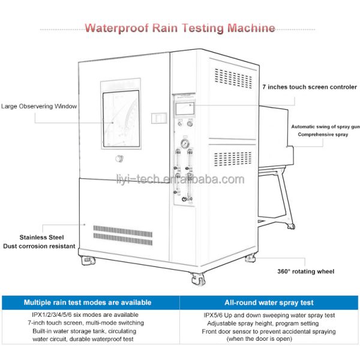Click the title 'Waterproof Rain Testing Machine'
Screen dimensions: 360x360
180,28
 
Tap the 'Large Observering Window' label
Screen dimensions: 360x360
39,107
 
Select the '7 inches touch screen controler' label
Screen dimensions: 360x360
309,88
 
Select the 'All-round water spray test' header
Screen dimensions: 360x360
268,302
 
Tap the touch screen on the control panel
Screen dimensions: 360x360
184,109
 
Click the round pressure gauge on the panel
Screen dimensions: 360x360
185,144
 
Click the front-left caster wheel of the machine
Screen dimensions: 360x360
86,261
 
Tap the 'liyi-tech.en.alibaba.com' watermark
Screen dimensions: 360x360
180,179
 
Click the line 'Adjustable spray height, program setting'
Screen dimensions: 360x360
268,323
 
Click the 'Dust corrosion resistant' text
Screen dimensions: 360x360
39,246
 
